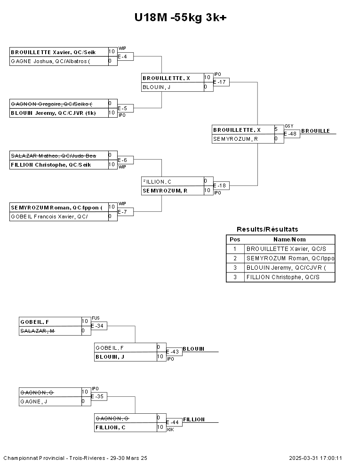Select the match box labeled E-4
coord(125,56)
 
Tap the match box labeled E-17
coord(221,82)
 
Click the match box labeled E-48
coord(292,134)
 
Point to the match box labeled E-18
coord(221,186)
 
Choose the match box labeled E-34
coord(99,326)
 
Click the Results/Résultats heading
coord(267,229)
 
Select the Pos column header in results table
coord(235,240)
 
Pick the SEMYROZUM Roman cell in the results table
coord(290,258)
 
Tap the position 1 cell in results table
coord(235,249)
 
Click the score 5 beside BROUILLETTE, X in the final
coord(276,129)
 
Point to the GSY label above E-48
coord(288,126)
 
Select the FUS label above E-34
coord(96,318)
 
